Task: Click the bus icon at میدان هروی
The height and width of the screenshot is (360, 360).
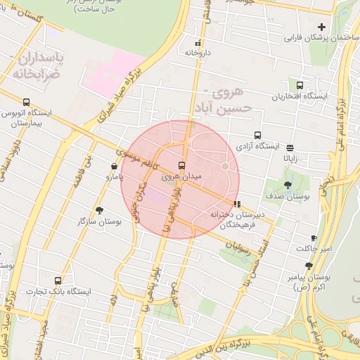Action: [x=182, y=165]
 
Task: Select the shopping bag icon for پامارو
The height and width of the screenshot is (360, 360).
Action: [x=114, y=166]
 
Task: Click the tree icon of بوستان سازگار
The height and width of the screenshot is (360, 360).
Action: [x=99, y=210]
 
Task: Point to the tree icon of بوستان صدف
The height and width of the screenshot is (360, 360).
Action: [x=288, y=185]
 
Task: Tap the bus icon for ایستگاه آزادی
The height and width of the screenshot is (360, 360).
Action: [x=257, y=135]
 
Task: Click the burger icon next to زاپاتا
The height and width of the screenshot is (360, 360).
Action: [x=290, y=148]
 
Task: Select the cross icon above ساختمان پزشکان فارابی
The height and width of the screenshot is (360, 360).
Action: [x=321, y=27]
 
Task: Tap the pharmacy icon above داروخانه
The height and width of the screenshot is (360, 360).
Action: [x=197, y=43]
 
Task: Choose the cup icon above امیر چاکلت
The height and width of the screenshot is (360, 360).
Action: [x=314, y=238]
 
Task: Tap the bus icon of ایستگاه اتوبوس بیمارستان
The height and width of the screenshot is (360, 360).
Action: [x=26, y=102]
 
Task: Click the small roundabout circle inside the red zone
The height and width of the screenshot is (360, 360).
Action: [x=225, y=167]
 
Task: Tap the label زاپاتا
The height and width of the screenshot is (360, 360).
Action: [x=290, y=158]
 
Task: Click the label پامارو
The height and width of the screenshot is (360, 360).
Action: [x=99, y=177]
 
